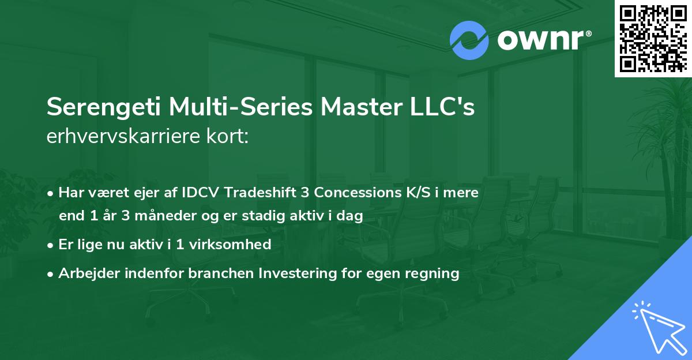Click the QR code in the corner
point(653,38)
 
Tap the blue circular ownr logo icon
point(469,40)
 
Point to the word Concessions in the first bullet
point(351,193)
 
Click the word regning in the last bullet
point(436,274)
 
